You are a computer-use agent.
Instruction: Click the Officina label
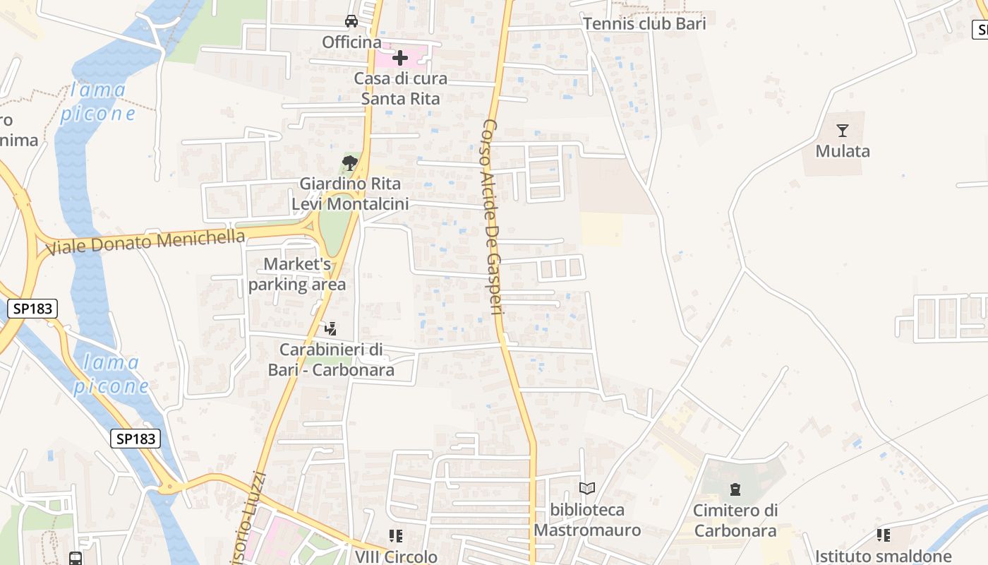351,42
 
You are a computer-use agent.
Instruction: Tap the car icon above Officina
351,20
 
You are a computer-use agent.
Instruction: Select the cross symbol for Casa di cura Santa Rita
400,57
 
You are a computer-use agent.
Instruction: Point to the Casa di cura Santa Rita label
400,88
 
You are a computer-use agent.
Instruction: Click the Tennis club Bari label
644,23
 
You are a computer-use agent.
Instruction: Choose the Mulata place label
843,151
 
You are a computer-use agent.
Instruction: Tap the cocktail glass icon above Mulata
842,131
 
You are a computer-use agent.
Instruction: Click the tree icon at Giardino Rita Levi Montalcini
349,164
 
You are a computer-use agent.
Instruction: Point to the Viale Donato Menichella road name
145,242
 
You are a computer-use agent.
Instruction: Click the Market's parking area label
297,274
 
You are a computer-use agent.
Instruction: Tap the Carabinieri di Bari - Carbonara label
331,359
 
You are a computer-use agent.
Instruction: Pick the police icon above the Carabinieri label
330,328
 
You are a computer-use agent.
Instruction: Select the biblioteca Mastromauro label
587,520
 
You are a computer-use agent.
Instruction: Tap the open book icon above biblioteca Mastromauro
587,488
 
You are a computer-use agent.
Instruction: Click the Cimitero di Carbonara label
735,521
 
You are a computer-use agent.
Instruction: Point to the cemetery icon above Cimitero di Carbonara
735,489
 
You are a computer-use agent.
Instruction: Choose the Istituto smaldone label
884,557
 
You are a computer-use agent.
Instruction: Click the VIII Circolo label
396,557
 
